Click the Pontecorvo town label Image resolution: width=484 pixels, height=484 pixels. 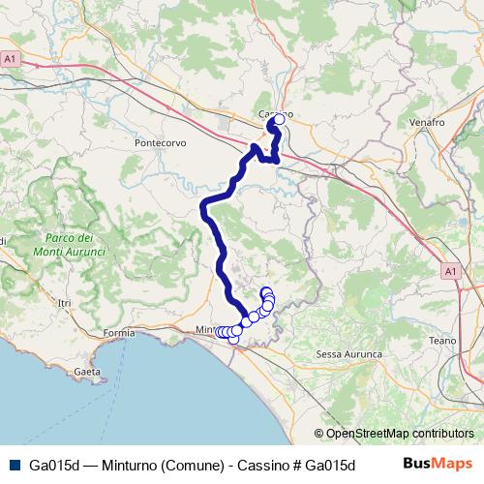point(161,142)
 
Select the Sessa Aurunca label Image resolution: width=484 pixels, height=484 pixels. point(349,355)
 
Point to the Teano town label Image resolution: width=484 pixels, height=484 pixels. point(442,341)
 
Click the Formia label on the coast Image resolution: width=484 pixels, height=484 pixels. point(119,333)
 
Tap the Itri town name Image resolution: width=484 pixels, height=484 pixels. point(65,304)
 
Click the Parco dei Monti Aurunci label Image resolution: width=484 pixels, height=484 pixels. point(69,245)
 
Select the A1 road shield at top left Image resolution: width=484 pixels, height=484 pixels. point(11,59)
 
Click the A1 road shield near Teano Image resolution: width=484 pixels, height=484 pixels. point(451,272)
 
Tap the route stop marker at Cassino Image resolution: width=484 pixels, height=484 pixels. point(279,120)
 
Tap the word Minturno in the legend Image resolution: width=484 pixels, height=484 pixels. point(130,464)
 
